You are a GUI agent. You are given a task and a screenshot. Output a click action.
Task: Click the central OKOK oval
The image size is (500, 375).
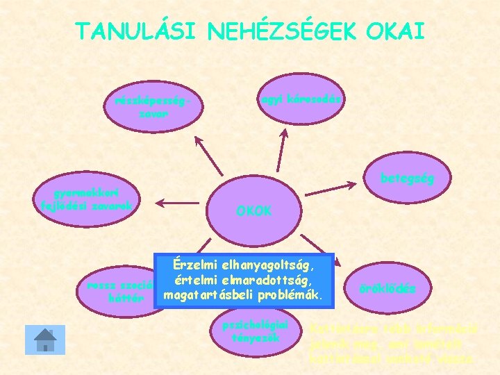point(254,208)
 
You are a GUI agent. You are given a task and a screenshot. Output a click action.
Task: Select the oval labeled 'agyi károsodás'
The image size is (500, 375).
point(301,101)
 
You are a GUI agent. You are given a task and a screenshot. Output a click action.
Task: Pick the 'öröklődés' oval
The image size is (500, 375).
point(388,288)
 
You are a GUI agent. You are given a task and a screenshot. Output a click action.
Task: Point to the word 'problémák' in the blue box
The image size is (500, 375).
point(290,297)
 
